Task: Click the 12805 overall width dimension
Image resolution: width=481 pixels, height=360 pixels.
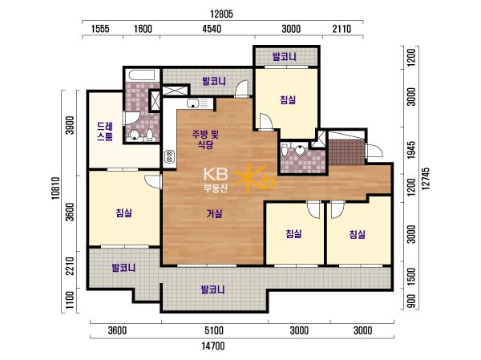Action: coord(221,14)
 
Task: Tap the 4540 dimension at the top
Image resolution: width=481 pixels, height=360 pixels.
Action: coord(212,29)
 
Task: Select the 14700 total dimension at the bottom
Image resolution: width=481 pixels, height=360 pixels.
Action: coord(213,346)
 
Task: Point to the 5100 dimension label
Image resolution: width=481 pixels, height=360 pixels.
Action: coord(214,330)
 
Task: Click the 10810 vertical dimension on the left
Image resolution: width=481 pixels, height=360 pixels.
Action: coord(55,188)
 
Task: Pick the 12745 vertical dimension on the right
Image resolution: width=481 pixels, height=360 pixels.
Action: coord(426,179)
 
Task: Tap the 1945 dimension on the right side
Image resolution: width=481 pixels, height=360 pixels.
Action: coord(411,150)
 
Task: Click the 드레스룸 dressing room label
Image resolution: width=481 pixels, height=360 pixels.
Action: coord(105,131)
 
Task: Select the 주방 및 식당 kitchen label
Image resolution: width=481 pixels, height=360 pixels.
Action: coord(205,139)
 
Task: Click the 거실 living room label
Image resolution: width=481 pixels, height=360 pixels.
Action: coord(214,213)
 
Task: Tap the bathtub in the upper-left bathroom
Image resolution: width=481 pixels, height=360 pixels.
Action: coord(142,75)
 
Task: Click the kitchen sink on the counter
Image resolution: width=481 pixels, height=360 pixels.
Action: coord(193,103)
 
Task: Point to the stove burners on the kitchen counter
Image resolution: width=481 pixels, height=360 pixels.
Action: coord(169,156)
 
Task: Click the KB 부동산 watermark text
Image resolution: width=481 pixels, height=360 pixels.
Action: coord(216,180)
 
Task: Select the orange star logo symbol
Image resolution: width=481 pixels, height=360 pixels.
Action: coord(255,178)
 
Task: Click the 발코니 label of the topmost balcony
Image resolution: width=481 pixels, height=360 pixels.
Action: coord(285,57)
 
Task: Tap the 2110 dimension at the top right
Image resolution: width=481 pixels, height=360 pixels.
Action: coord(342,29)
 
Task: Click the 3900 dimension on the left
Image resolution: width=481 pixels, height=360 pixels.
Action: coord(71,125)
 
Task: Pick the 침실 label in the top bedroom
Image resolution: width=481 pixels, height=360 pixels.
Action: coord(288,99)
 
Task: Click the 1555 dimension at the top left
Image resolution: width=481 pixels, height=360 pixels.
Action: coord(100,29)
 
